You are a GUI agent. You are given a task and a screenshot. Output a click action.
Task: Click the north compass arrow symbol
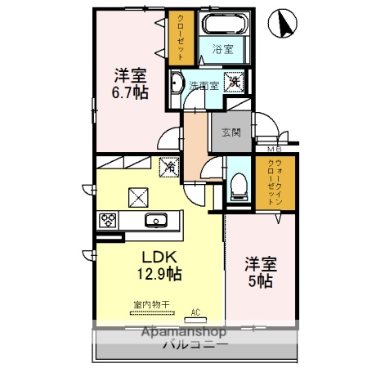(x=285, y=24)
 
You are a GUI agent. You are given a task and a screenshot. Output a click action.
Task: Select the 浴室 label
(x=222, y=49)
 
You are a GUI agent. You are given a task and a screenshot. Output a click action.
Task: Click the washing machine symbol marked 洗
(x=234, y=82)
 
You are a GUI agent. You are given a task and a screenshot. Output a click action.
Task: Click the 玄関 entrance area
(x=231, y=133)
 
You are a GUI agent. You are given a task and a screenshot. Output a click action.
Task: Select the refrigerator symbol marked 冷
(x=170, y=165)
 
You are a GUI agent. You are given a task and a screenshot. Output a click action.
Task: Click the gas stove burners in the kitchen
(x=108, y=219)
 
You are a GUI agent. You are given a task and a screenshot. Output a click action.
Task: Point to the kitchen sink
(x=155, y=219)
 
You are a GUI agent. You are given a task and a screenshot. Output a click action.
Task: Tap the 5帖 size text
(x=262, y=280)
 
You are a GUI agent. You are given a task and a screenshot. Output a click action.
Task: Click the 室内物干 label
(x=151, y=304)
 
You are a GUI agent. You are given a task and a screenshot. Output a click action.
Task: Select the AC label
(x=195, y=312)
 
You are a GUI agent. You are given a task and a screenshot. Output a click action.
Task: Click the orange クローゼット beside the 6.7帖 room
(x=179, y=37)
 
